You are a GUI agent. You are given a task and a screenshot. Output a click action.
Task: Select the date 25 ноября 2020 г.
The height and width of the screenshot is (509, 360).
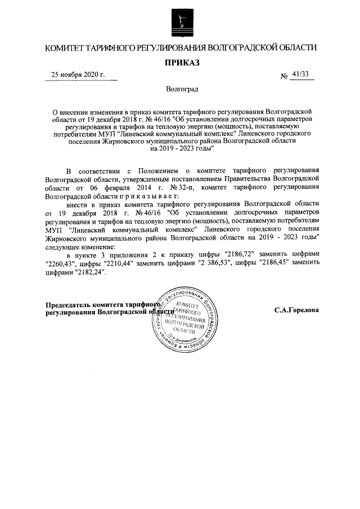point(78,75)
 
